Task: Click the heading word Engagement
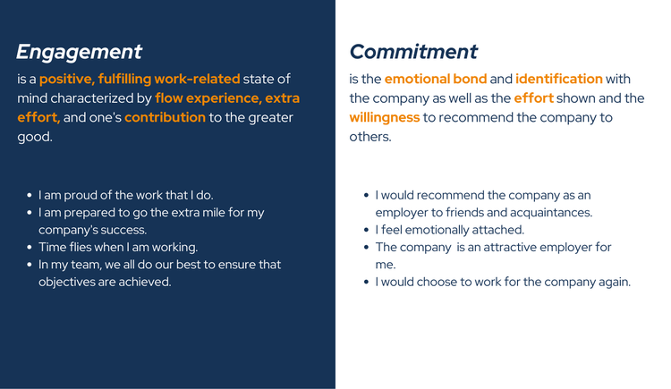(x=79, y=52)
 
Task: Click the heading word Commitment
(x=413, y=52)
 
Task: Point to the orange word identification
(x=559, y=80)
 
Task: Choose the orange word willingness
(x=384, y=117)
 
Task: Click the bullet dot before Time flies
(x=30, y=247)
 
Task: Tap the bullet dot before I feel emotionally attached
(x=366, y=230)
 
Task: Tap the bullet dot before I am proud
(x=30, y=195)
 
